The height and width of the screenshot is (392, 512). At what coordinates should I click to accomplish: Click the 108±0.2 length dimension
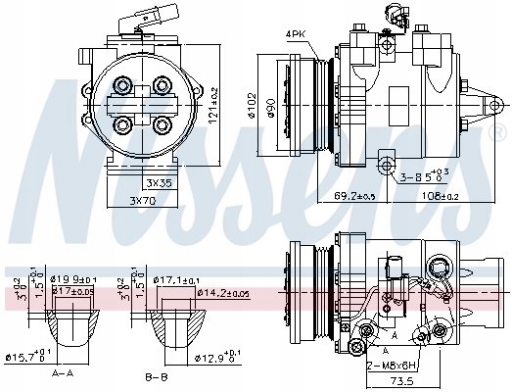point(438,196)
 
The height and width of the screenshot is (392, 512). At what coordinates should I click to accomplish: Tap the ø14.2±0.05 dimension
point(223,292)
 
